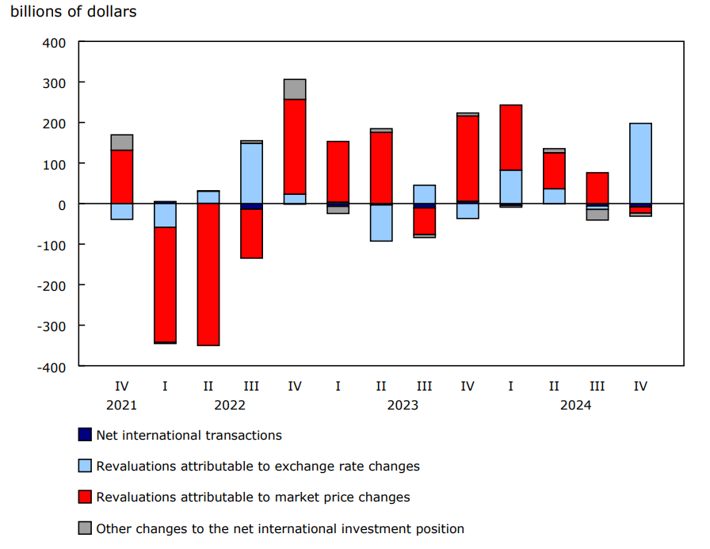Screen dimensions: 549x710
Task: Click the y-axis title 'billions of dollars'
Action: [74, 12]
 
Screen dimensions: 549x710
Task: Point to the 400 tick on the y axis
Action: [55, 42]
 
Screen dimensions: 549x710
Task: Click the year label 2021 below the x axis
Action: [122, 405]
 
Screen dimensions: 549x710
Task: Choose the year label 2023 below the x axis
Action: [403, 405]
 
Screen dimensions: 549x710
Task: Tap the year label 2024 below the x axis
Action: [575, 405]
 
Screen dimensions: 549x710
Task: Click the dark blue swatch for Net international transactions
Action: [85, 435]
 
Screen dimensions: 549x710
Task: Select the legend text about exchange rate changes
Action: [258, 466]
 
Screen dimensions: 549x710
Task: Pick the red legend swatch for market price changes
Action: [85, 498]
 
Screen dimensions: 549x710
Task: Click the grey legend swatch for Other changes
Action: [85, 528]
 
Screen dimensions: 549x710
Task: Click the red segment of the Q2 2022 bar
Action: [208, 274]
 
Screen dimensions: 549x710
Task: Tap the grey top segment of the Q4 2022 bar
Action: [295, 90]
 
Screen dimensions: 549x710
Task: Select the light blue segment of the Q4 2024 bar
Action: [640, 163]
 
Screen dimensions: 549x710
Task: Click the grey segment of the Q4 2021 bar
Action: [122, 143]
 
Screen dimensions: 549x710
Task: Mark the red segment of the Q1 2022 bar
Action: [165, 284]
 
